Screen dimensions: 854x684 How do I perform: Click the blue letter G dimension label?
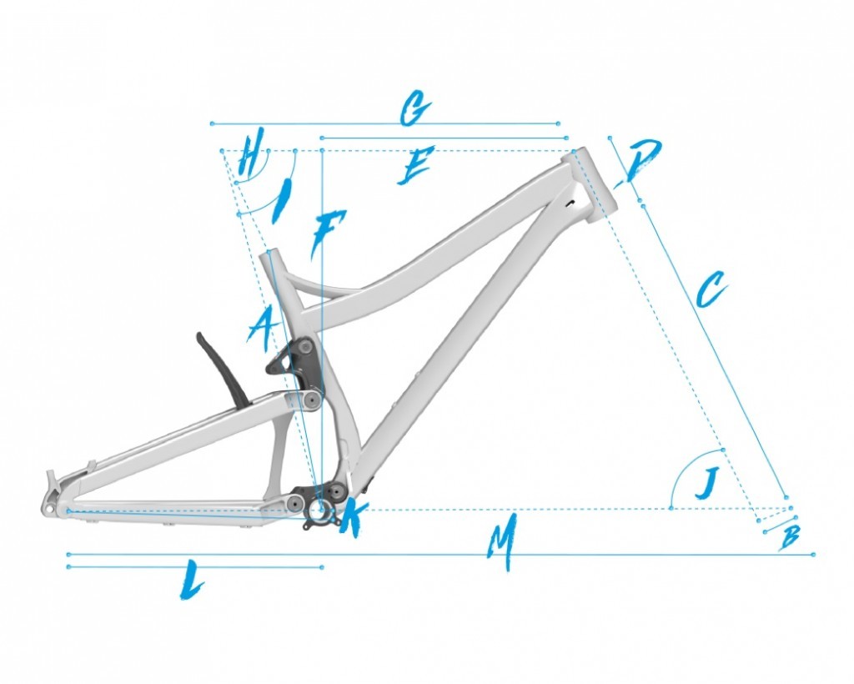point(416,108)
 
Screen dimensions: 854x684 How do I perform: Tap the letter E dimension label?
point(415,165)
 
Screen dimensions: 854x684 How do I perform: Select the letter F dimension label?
point(328,233)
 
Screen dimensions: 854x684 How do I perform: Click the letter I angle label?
point(283,201)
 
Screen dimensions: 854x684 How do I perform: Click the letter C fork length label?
point(711,289)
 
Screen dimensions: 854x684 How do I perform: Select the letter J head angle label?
point(706,484)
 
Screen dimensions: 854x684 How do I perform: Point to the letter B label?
point(791,536)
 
